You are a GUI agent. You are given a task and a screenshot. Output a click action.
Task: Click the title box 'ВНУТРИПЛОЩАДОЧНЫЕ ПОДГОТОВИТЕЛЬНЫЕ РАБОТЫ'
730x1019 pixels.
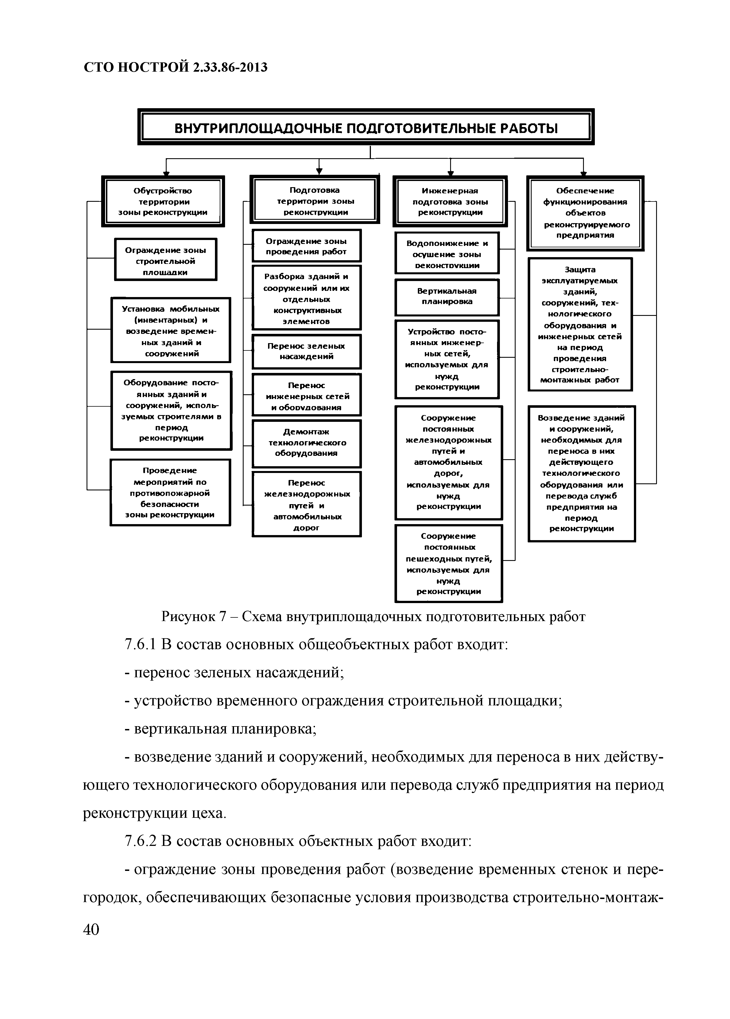pyautogui.click(x=366, y=128)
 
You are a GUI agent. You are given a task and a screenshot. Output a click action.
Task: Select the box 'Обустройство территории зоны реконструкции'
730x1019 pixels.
pyautogui.click(x=163, y=201)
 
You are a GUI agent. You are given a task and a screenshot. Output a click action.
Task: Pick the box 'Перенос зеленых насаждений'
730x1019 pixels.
pyautogui.click(x=306, y=351)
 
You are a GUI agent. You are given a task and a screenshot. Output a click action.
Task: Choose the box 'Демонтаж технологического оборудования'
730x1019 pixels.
pyautogui.click(x=306, y=443)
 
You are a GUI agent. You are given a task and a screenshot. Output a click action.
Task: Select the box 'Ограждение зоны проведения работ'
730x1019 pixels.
pyautogui.click(x=306, y=246)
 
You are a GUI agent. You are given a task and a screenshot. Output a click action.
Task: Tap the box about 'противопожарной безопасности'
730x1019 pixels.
pyautogui.click(x=170, y=492)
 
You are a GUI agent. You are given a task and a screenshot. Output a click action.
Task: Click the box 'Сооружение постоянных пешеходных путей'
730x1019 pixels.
pyautogui.click(x=448, y=563)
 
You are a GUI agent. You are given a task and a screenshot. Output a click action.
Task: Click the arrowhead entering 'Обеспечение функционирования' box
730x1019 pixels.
pyautogui.click(x=583, y=173)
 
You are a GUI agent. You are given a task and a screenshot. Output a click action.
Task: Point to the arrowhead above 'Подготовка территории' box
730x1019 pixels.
pyautogui.click(x=319, y=171)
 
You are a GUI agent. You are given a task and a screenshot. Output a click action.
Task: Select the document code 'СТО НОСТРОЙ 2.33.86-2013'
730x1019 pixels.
pyautogui.click(x=176, y=67)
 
